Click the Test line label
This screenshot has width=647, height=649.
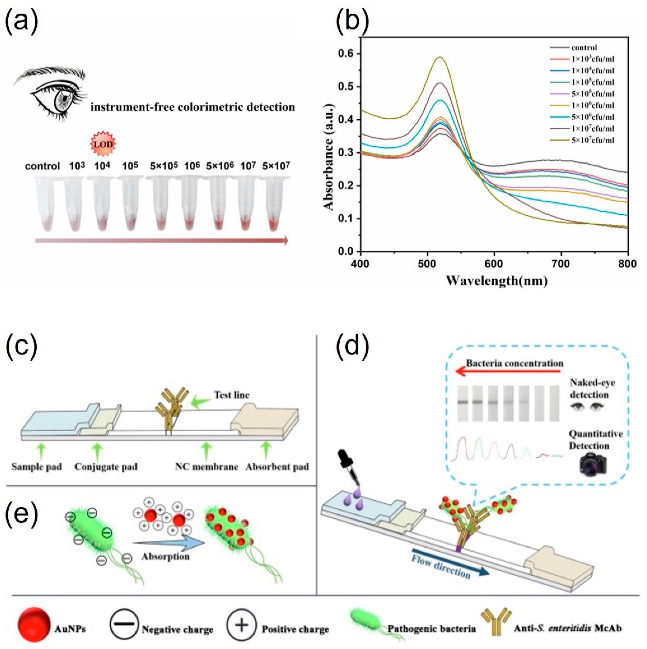(232, 395)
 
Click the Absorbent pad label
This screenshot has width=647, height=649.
(277, 467)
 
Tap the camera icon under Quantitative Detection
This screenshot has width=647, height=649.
(593, 464)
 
